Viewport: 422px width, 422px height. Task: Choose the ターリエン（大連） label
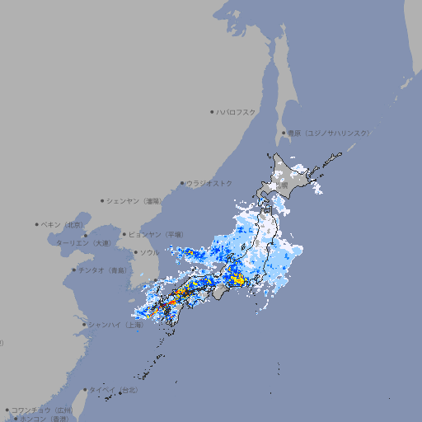point(83,243)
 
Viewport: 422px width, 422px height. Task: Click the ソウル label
point(149,252)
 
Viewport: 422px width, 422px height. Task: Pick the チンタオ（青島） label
point(103,270)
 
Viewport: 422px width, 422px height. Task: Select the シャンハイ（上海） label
point(116,325)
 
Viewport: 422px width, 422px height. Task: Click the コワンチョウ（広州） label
point(42,410)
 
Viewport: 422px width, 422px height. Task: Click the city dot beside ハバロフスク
point(212,111)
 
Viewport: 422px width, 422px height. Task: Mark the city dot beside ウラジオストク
point(182,183)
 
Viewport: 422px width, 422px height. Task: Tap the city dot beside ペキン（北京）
point(37,224)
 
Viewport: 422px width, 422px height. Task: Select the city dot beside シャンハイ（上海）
point(84,325)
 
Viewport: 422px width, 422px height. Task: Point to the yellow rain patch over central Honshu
point(239,280)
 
